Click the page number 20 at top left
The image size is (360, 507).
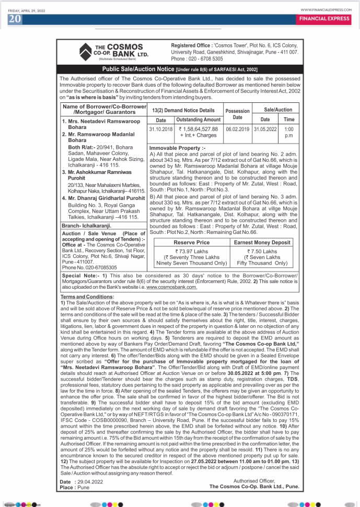pyautogui.click(x=14, y=19)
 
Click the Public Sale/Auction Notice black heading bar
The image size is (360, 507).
pyautogui.click(x=180, y=69)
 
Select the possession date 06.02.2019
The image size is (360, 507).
pyautogui.click(x=238, y=129)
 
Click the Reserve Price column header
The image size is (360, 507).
pyautogui.click(x=191, y=242)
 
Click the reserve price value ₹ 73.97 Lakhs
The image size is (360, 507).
pyautogui.click(x=191, y=251)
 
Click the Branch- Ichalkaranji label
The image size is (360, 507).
pyautogui.click(x=86, y=225)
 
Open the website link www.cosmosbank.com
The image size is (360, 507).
pyautogui.click(x=171, y=287)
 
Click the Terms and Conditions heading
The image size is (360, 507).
pyautogui.click(x=87, y=297)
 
